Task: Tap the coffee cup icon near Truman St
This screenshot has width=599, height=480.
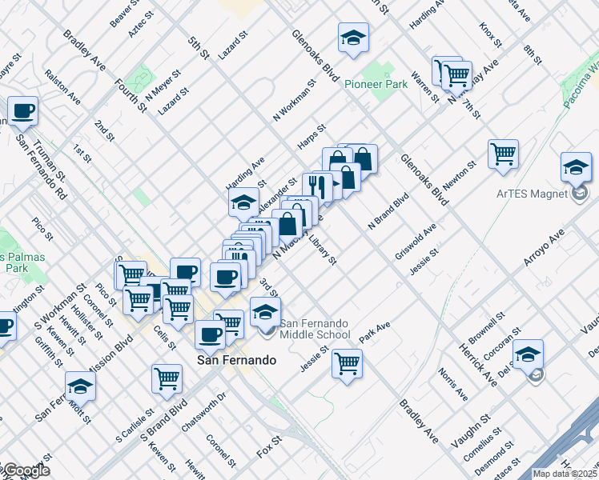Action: pos(22,110)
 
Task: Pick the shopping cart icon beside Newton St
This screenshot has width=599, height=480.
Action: pos(503,153)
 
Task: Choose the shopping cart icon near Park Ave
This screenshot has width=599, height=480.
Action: pos(347,362)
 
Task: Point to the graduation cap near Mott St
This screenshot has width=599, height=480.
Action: pos(80,386)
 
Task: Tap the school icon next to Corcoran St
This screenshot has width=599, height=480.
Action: pos(529,354)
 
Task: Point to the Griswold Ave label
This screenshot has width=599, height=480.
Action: pos(415,242)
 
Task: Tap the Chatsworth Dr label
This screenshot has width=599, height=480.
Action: pos(203,412)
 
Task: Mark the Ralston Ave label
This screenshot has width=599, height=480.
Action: pos(62,87)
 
